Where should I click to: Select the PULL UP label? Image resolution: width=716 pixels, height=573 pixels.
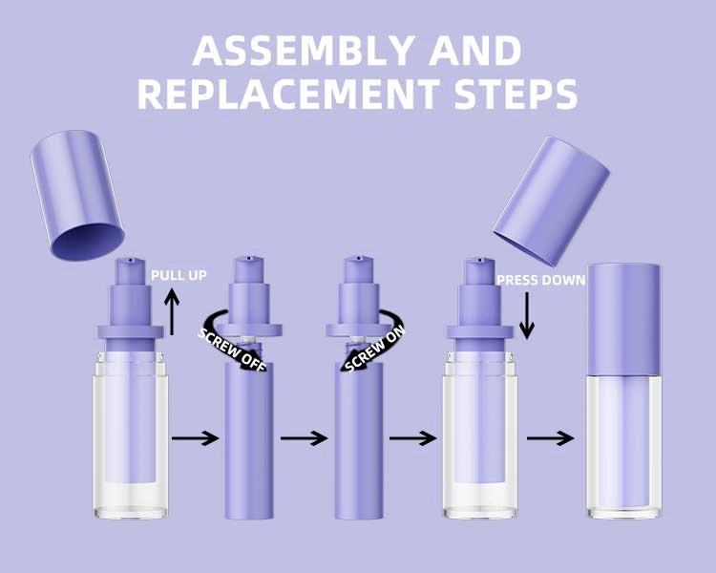tap(179, 275)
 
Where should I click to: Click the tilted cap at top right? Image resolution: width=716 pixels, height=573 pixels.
tap(552, 201)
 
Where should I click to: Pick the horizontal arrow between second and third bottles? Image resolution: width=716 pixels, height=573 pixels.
tap(305, 438)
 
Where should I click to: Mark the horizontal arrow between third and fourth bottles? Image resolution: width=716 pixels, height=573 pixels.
tap(413, 438)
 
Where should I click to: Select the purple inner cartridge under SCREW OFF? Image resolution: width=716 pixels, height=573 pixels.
tap(248, 439)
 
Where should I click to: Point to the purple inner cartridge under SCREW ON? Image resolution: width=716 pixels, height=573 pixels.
tap(357, 439)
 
